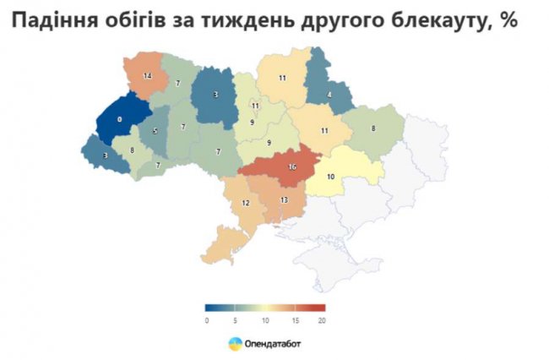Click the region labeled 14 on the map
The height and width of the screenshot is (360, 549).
click(x=147, y=76)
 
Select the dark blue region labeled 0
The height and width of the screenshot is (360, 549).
click(x=119, y=120)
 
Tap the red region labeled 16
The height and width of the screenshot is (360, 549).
click(x=291, y=167)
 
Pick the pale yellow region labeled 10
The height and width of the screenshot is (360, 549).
click(x=331, y=176)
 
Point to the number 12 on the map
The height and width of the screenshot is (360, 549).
click(x=246, y=204)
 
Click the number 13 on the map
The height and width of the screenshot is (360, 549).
click(x=284, y=199)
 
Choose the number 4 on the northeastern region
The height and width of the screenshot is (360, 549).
click(x=329, y=94)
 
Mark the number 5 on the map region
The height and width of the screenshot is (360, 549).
click(x=155, y=131)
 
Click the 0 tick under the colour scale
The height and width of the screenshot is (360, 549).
click(x=206, y=320)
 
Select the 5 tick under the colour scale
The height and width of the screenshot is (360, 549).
click(x=236, y=320)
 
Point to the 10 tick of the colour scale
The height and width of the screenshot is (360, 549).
click(x=265, y=320)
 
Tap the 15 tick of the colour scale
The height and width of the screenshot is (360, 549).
click(x=295, y=320)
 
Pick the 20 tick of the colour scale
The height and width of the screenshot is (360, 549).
click(x=323, y=320)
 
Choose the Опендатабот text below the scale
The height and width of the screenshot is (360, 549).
click(x=274, y=343)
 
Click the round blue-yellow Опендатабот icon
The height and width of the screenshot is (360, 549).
click(x=234, y=343)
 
